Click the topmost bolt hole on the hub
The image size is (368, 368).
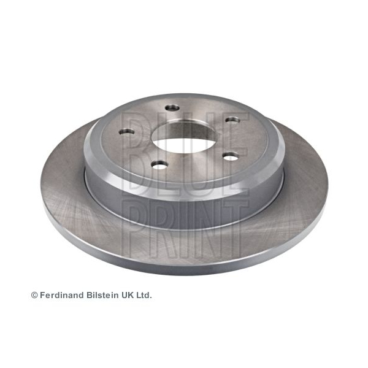(x=172, y=108)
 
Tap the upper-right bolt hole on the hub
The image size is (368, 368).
(x=232, y=120)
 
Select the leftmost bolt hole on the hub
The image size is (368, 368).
(x=127, y=131)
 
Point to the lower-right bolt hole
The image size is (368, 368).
(x=231, y=156)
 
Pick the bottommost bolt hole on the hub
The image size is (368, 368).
(x=160, y=165)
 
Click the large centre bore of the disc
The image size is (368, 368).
(x=184, y=137)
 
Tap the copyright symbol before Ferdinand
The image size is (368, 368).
(x=34, y=295)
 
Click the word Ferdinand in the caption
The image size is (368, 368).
(x=62, y=295)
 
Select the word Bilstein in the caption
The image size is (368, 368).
(x=102, y=295)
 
